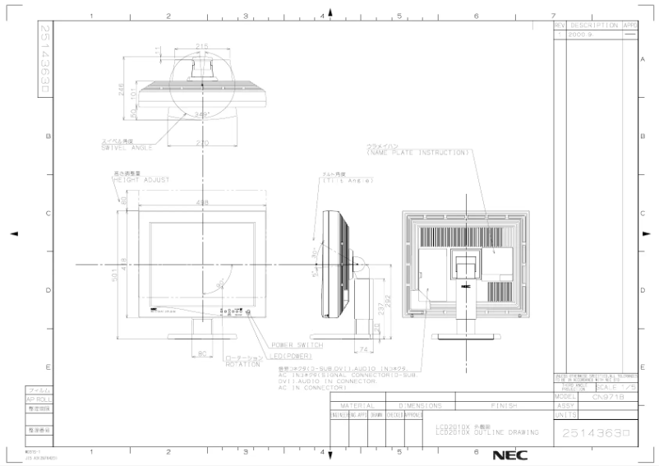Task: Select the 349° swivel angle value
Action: [x=201, y=114]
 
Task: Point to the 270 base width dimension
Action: [x=201, y=143]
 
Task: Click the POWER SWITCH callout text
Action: [x=297, y=345]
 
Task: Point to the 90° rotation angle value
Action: [x=220, y=284]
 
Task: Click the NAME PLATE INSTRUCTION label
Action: [x=419, y=152]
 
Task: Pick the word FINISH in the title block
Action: [x=502, y=405]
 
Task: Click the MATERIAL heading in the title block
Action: [x=358, y=405]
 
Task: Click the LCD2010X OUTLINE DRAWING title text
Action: [x=486, y=431]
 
